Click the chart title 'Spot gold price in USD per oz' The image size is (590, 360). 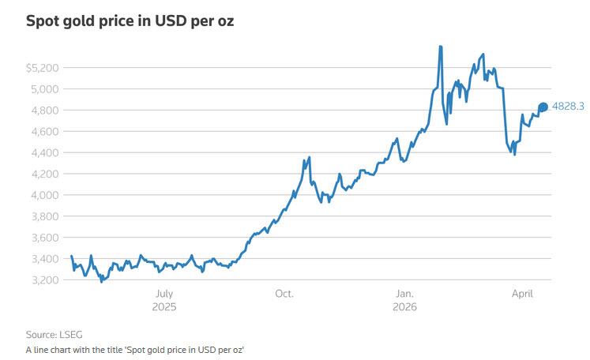pyautogui.click(x=130, y=21)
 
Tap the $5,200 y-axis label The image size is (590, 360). pyautogui.click(x=43, y=68)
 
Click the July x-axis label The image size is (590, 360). pyautogui.click(x=164, y=294)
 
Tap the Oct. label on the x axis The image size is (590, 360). pyautogui.click(x=284, y=294)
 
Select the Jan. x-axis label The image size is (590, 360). pyautogui.click(x=405, y=294)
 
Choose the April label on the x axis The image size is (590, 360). pyautogui.click(x=523, y=294)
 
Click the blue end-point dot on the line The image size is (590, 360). pyautogui.click(x=543, y=107)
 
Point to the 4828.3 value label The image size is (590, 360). pyautogui.click(x=568, y=106)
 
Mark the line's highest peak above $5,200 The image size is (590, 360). pyautogui.click(x=440, y=47)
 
